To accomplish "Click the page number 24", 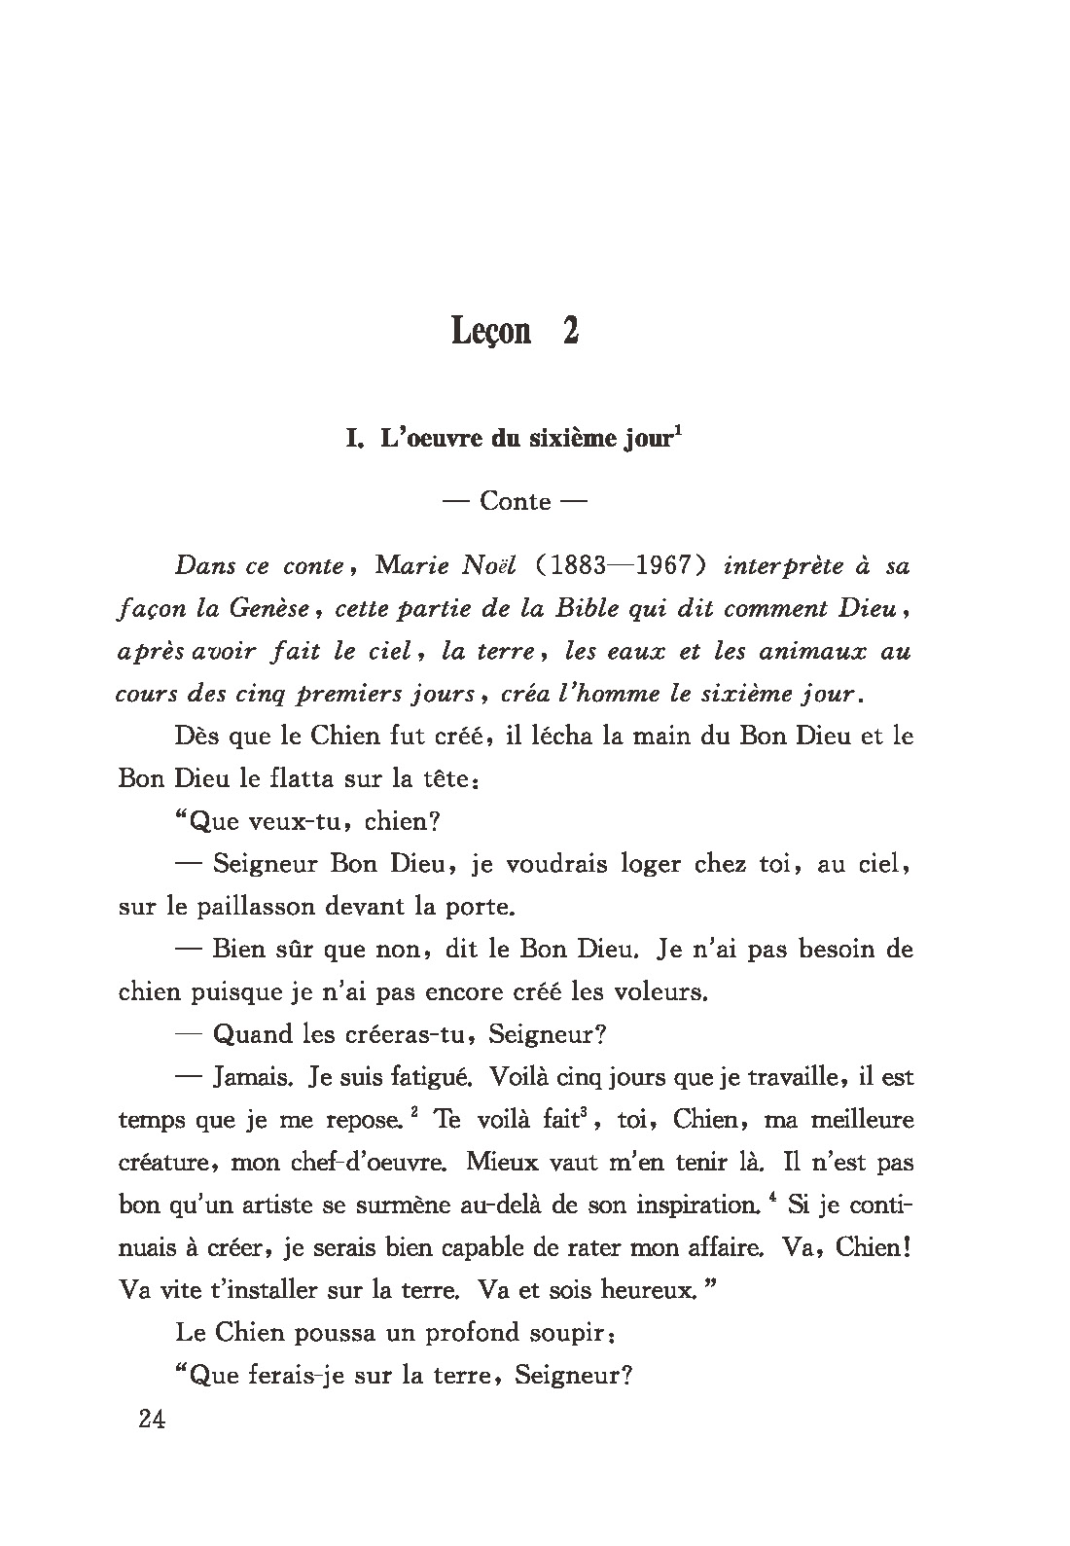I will [153, 1420].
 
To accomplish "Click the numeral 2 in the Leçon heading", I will [570, 332].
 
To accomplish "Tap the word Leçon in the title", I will [491, 332].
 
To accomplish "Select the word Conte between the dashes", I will [516, 502].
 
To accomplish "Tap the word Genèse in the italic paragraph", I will [267, 609].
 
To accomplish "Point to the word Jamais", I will [252, 1077].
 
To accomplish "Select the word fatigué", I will [430, 1078].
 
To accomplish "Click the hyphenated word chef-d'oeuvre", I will [369, 1162].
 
